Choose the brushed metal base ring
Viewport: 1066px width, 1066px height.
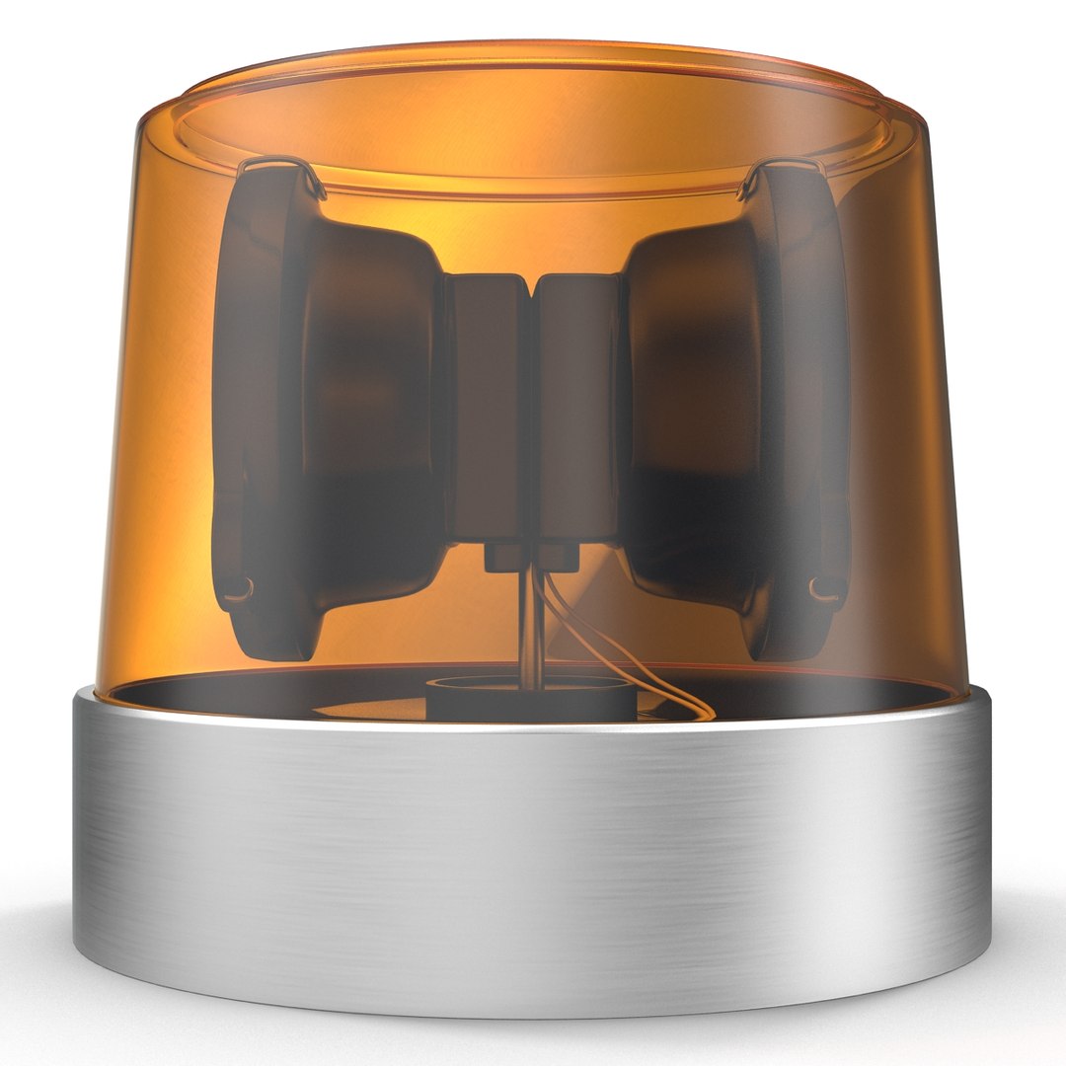pos(533,849)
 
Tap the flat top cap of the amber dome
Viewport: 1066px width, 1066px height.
pos(533,109)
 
